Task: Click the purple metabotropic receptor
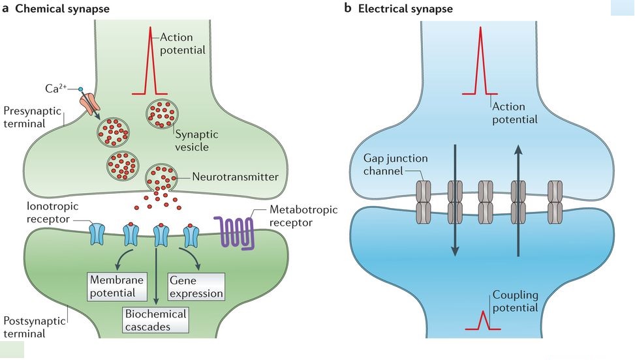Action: pos(234,232)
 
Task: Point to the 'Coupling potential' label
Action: pos(516,301)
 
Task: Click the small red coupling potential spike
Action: pos(484,320)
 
